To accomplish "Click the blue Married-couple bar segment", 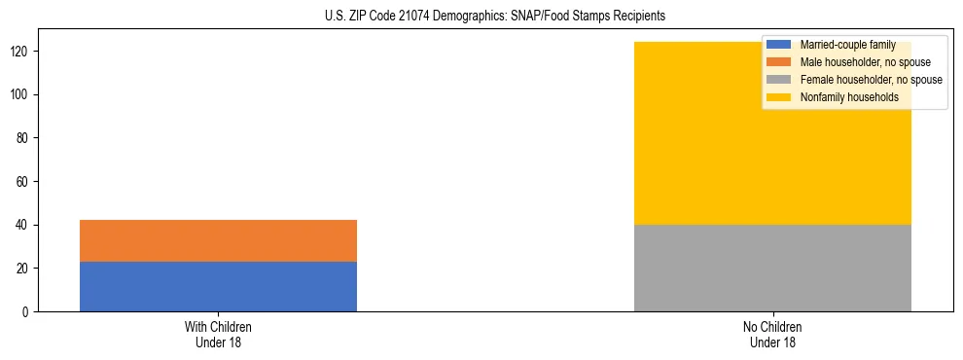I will (218, 286).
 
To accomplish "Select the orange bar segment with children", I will (218, 240).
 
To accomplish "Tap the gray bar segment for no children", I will (772, 268).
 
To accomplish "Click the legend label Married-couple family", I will (847, 45).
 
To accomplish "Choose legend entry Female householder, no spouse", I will (871, 80).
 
